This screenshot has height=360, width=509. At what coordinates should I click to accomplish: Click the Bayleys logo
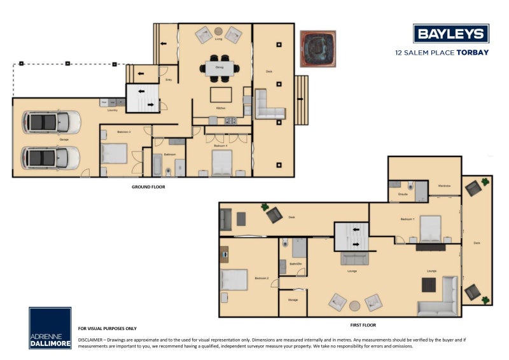(x=450, y=34)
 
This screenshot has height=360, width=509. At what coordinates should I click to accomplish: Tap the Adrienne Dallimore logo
(x=50, y=328)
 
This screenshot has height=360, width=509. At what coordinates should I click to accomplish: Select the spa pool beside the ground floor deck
(x=317, y=49)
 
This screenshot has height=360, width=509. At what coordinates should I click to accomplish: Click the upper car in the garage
(x=51, y=121)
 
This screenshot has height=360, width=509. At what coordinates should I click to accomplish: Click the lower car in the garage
(x=51, y=157)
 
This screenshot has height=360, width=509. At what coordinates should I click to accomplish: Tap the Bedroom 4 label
(x=221, y=146)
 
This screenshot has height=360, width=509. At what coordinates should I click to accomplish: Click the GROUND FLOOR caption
(x=148, y=187)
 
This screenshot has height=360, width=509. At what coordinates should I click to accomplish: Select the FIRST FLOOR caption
(x=363, y=324)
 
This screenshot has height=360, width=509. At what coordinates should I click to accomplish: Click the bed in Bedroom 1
(x=429, y=229)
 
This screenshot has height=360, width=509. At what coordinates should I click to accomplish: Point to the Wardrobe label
(x=445, y=186)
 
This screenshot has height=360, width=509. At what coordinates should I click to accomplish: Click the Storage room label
(x=293, y=300)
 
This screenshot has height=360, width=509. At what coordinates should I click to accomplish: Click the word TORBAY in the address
(x=473, y=53)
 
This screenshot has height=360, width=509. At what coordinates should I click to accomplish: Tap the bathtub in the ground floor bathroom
(x=156, y=165)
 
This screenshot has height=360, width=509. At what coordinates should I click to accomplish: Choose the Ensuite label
(x=403, y=193)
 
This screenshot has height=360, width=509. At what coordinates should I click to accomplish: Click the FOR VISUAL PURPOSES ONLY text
(x=108, y=328)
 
